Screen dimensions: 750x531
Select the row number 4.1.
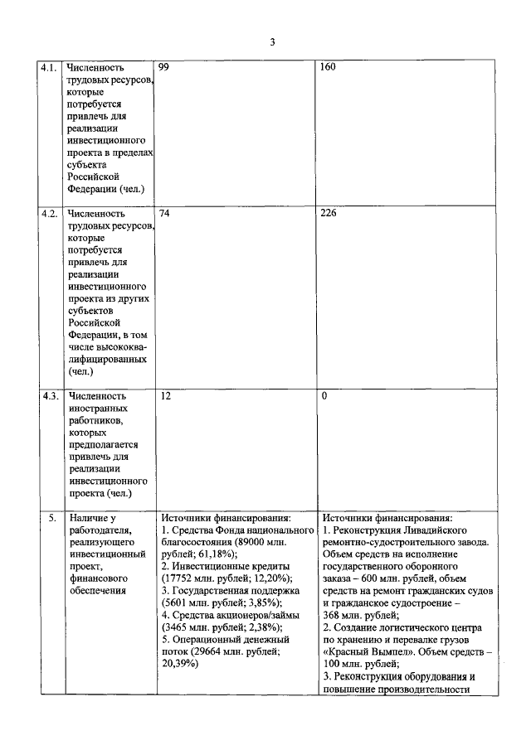[x=49, y=67]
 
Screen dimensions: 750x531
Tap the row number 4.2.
[x=49, y=213]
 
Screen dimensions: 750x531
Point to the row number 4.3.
[x=49, y=396]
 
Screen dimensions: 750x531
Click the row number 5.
[x=50, y=518]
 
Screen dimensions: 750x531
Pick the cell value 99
[x=163, y=67]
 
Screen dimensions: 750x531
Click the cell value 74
[x=163, y=213]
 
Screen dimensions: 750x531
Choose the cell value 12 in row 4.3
[x=164, y=396]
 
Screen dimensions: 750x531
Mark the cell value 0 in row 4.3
[x=324, y=396]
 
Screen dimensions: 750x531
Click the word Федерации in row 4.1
[x=93, y=189]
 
